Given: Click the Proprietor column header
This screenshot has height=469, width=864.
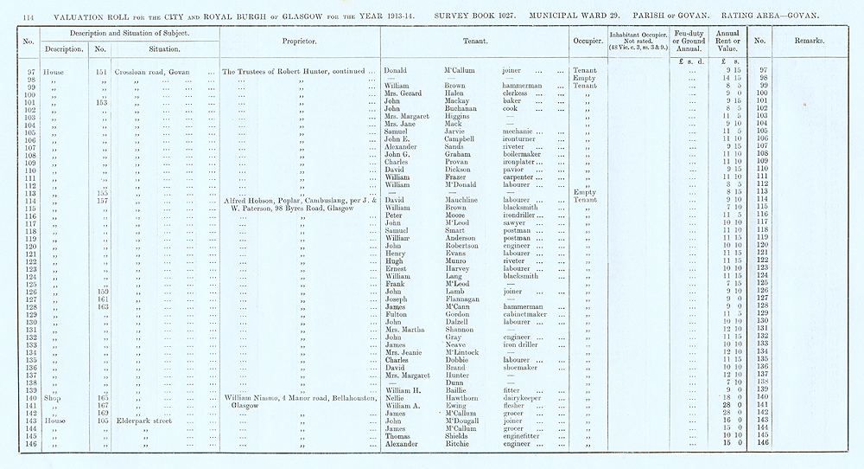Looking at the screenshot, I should click(x=299, y=42).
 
